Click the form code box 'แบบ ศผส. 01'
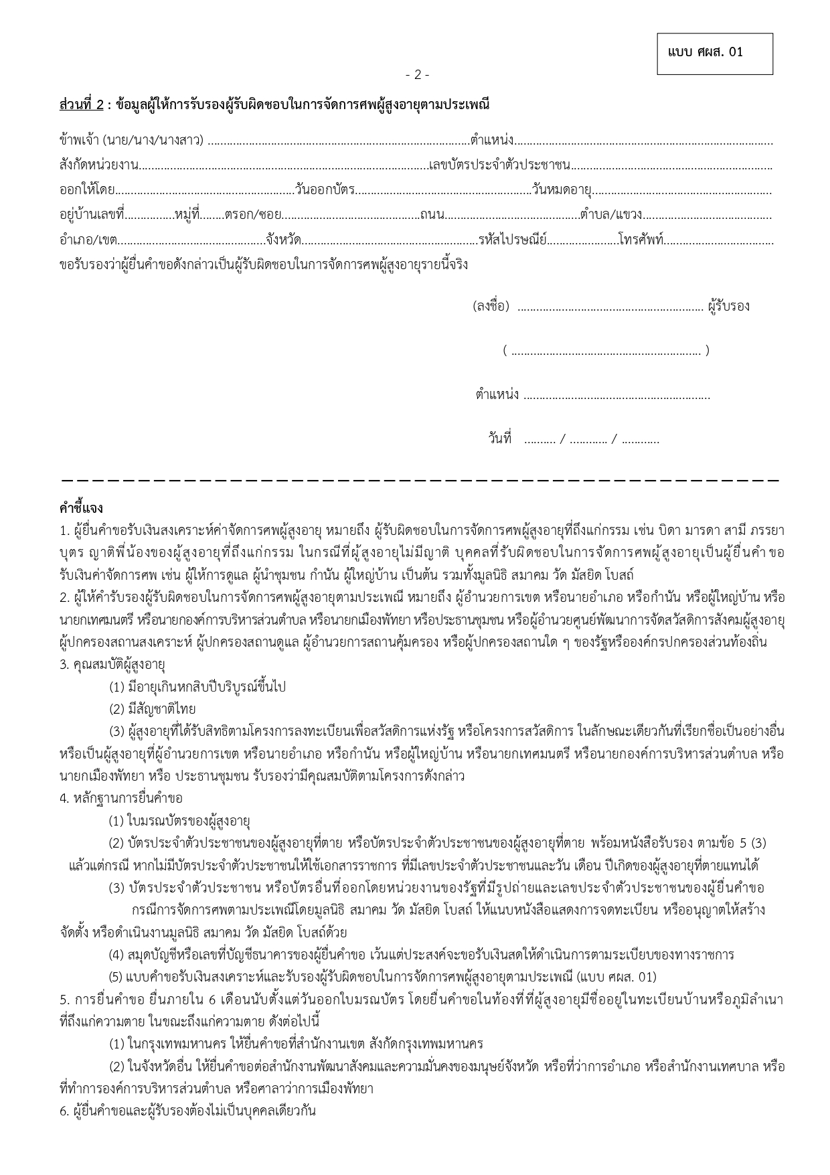(714, 53)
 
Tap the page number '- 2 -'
(417, 75)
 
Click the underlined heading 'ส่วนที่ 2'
(82, 105)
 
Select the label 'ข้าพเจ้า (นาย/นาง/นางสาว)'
(132, 141)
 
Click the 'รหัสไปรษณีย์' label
(513, 239)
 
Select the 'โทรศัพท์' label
(641, 239)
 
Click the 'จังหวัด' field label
(283, 239)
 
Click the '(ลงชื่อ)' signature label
(491, 307)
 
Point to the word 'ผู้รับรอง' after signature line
(728, 307)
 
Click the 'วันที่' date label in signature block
(499, 439)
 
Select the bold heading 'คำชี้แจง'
(81, 508)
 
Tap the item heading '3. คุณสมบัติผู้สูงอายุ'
(112, 665)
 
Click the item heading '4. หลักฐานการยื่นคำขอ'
(120, 798)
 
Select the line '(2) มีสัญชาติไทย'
(153, 709)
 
